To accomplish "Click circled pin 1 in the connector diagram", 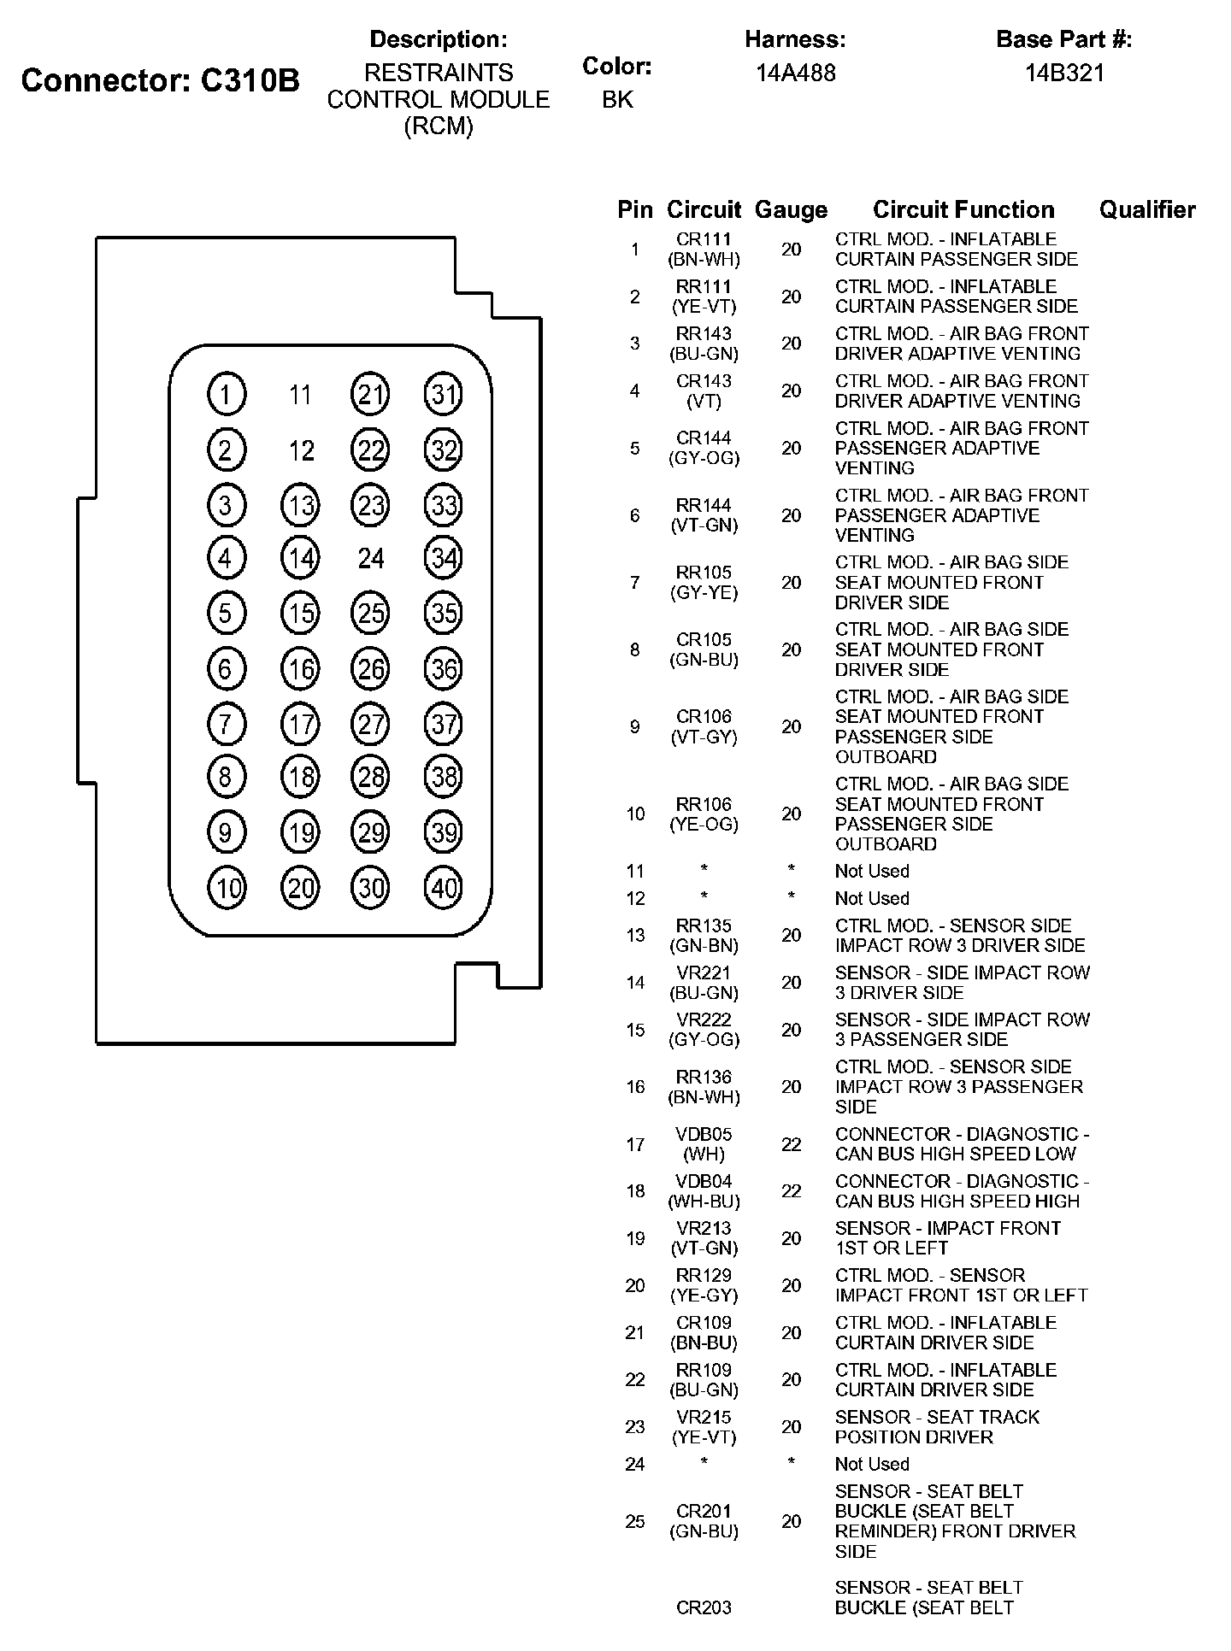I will [227, 394].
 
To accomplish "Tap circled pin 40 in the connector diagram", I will [444, 889].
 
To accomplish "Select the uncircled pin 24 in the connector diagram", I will [371, 559].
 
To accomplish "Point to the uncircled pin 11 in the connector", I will [299, 395].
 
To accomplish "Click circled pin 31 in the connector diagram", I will [444, 394].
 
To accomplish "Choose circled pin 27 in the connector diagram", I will [371, 725].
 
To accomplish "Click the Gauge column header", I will [791, 210].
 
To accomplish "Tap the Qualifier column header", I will [1147, 209].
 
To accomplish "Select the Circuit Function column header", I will [963, 209].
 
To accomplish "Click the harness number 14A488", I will [795, 73].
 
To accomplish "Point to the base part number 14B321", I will [1064, 73].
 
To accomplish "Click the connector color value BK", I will [617, 100].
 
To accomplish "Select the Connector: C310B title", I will [161, 80].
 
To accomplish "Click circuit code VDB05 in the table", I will [704, 1134].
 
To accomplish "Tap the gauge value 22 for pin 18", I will [791, 1191].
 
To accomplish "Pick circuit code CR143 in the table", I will [704, 381].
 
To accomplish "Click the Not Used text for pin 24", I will [872, 1464].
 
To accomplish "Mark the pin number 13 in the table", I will [634, 936].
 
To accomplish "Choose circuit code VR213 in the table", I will [704, 1228].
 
